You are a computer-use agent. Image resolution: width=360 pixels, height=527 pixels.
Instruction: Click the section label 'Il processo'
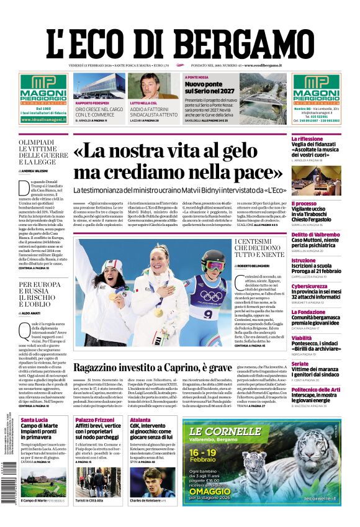click(x=304, y=203)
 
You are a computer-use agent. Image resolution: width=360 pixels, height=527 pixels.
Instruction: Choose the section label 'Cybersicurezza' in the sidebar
click(x=309, y=287)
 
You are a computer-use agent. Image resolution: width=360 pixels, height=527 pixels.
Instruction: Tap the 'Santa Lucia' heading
click(x=34, y=421)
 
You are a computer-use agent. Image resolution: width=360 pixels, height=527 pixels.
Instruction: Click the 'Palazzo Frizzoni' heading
click(x=95, y=421)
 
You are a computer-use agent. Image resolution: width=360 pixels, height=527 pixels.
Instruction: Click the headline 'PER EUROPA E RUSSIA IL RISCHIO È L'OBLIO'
click(x=43, y=295)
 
